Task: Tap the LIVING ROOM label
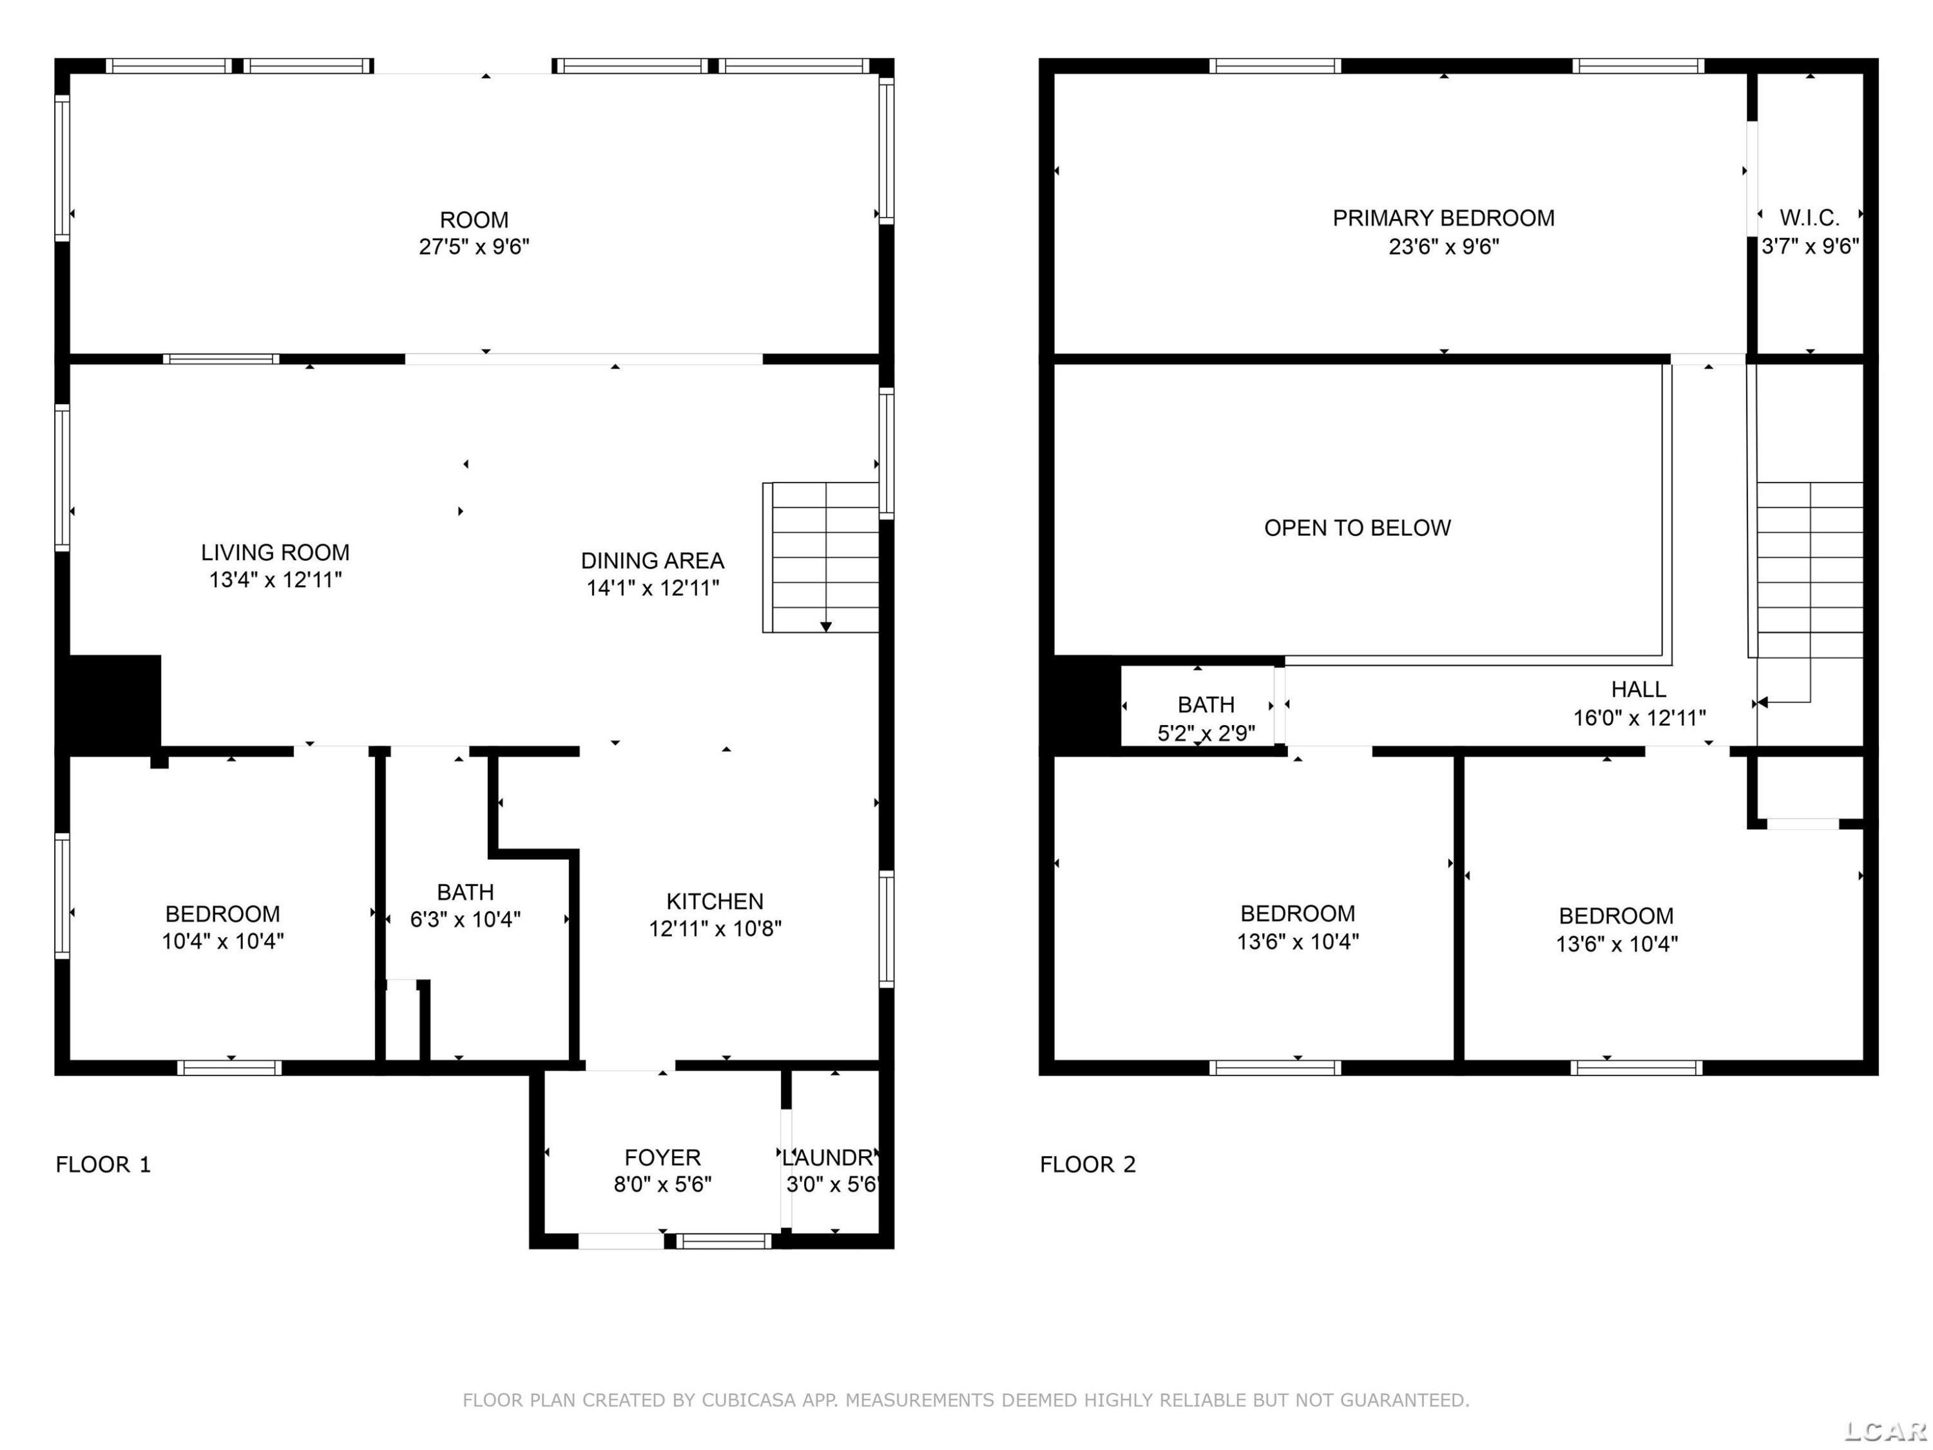(x=275, y=552)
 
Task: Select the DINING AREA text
(x=653, y=560)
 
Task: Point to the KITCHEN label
(x=715, y=901)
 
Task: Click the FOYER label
(x=662, y=1157)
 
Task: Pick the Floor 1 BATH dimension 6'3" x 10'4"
(x=466, y=920)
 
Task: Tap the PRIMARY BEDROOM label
(x=1444, y=218)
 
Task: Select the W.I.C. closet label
(x=1810, y=218)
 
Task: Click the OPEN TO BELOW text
(x=1357, y=528)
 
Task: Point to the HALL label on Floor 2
(x=1639, y=690)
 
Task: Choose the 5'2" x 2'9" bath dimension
(x=1206, y=733)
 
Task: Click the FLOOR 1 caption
(x=103, y=1165)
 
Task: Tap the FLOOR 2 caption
(x=1087, y=1165)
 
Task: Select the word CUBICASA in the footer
(x=749, y=1401)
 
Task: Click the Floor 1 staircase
(x=821, y=557)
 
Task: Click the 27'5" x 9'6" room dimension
(x=474, y=246)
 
